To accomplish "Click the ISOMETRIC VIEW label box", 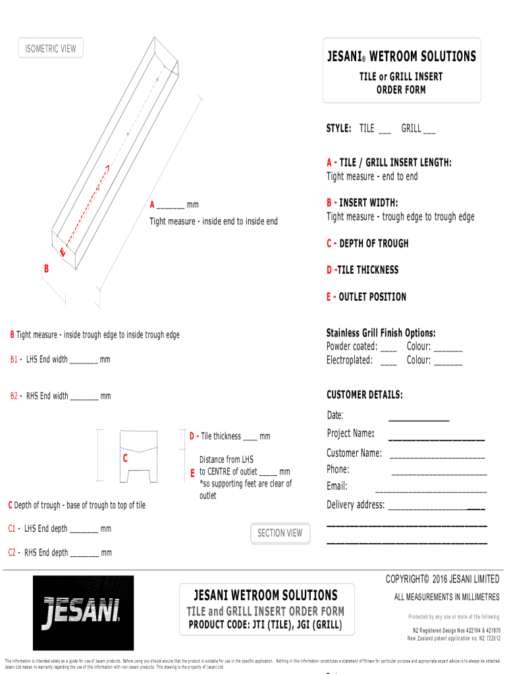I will tap(51, 49).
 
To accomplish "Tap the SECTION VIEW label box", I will tap(280, 533).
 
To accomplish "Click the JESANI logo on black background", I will tap(83, 613).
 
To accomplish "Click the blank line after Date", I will tap(419, 419).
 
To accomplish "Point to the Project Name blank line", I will tap(437, 438).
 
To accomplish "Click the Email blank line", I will tap(431, 491).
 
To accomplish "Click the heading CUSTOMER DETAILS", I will tap(364, 395).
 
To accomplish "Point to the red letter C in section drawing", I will tap(125, 457).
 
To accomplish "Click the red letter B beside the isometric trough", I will tap(46, 269).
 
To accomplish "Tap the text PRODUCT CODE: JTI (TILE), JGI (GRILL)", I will tap(265, 624).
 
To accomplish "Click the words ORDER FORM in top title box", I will tap(401, 90).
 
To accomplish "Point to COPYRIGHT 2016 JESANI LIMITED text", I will tap(442, 579).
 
